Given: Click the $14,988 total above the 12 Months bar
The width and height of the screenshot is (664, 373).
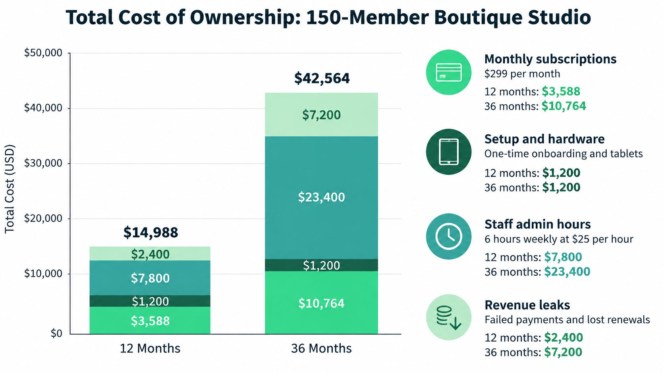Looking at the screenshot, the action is pyautogui.click(x=151, y=233).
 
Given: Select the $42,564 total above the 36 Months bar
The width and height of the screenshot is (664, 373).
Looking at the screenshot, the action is pyautogui.click(x=322, y=78).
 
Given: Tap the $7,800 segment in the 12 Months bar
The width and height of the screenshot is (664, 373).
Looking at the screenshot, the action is pyautogui.click(x=150, y=278).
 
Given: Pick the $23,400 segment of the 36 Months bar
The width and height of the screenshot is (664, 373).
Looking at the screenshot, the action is pyautogui.click(x=321, y=197).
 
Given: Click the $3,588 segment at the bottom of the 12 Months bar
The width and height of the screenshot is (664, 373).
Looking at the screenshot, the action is pyautogui.click(x=150, y=320).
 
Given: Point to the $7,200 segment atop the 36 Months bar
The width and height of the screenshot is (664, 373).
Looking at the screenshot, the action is pyautogui.click(x=321, y=115).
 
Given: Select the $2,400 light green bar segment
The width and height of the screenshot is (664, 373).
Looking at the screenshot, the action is pyautogui.click(x=150, y=254).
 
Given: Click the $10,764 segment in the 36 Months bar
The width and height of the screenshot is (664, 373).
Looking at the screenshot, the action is pyautogui.click(x=321, y=302).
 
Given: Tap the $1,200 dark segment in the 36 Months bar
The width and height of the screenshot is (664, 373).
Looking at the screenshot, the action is pyautogui.click(x=321, y=265).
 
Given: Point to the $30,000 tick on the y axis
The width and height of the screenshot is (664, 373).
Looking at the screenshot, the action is pyautogui.click(x=43, y=163).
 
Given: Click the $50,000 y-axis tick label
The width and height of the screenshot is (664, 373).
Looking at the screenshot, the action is pyautogui.click(x=43, y=53).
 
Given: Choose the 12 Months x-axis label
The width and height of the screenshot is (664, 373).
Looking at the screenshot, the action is pyautogui.click(x=150, y=348).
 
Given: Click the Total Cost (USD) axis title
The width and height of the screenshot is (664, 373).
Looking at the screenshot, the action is pyautogui.click(x=10, y=189).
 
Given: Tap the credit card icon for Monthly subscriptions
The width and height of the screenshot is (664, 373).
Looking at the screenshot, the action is pyautogui.click(x=449, y=72).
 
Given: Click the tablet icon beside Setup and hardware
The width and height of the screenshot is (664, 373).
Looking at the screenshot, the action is pyautogui.click(x=449, y=152).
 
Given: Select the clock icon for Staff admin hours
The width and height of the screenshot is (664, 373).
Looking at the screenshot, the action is pyautogui.click(x=449, y=237).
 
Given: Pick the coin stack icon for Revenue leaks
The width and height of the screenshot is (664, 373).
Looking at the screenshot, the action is pyautogui.click(x=449, y=318).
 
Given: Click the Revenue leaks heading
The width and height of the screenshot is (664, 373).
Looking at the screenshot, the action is pyautogui.click(x=527, y=305).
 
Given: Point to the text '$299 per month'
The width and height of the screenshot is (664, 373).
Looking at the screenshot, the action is pyautogui.click(x=522, y=74).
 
